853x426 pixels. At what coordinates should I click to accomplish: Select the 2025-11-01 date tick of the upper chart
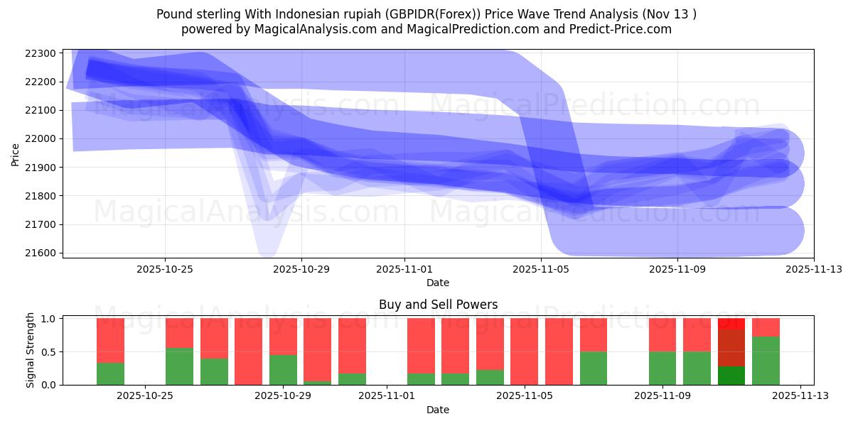click(404, 270)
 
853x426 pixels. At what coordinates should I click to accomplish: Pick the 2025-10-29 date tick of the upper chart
click(301, 270)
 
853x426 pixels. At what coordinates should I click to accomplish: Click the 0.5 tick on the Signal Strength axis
click(47, 351)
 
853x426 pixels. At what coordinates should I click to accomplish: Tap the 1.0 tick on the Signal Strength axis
click(47, 319)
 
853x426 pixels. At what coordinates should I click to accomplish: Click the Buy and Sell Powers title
click(438, 305)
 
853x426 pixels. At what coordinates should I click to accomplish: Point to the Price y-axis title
click(16, 153)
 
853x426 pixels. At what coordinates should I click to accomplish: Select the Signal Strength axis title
click(30, 351)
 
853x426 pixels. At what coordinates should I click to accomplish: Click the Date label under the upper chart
click(438, 283)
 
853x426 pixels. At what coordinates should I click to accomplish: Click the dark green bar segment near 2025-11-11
click(731, 376)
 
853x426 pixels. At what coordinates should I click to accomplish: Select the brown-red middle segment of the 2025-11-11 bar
click(731, 347)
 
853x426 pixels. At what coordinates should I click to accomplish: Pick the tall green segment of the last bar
click(766, 361)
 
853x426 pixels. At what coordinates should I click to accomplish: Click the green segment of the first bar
click(110, 374)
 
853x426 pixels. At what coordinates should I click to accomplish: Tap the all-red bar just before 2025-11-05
click(524, 351)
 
